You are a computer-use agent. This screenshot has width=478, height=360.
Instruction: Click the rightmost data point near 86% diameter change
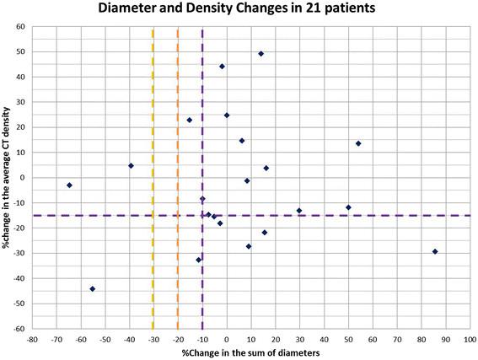(435, 251)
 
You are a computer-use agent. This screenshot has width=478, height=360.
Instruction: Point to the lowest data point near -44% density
(92, 289)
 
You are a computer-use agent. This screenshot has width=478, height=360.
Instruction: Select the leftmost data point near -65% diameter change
(69, 185)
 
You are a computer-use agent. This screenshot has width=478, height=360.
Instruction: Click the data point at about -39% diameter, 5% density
(131, 165)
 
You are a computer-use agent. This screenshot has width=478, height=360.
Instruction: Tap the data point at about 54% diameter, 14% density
(358, 143)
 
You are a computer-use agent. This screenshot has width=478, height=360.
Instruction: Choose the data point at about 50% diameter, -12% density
(348, 207)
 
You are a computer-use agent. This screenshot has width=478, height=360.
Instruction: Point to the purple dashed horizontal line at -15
(379, 216)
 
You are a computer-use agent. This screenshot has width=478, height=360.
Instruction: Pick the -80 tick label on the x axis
(31, 340)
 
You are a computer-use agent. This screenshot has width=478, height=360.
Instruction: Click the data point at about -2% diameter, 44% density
(222, 67)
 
